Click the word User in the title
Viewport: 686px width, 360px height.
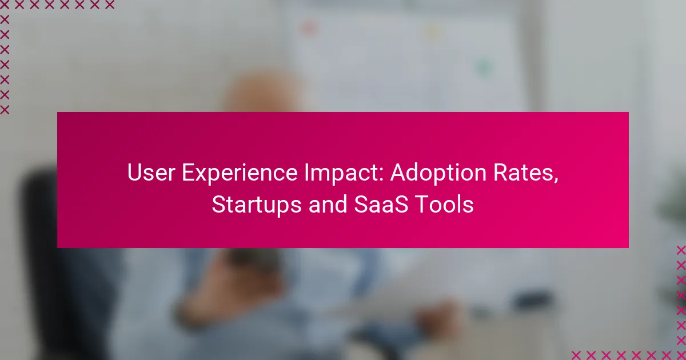click(151, 172)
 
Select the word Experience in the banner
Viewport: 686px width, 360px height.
click(240, 173)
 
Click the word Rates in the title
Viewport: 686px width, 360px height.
click(522, 173)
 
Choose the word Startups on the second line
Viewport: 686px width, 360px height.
click(257, 205)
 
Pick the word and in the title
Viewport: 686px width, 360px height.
click(328, 204)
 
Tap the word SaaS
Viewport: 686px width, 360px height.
click(381, 204)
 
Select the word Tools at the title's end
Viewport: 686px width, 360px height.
click(445, 204)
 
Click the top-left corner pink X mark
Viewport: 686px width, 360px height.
click(5, 5)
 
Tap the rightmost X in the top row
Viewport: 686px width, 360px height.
click(109, 5)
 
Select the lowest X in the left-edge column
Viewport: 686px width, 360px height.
click(5, 110)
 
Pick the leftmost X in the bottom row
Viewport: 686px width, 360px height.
click(576, 355)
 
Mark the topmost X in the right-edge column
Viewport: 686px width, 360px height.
click(681, 250)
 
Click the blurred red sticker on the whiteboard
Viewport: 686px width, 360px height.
click(309, 28)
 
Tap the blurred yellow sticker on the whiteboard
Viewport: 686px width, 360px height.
click(434, 31)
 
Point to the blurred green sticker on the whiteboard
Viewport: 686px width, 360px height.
click(483, 67)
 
